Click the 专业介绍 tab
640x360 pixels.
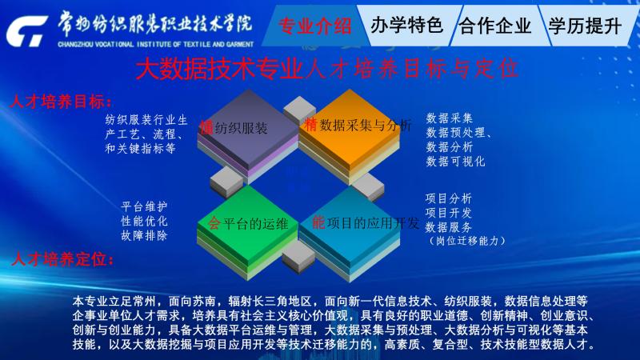pyautogui.click(x=314, y=26)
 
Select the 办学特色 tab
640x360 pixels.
pyautogui.click(x=407, y=26)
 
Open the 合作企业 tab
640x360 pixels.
pyautogui.click(x=495, y=26)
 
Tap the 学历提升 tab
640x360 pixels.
pyautogui.click(x=585, y=26)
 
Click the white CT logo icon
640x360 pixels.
pyautogui.click(x=26, y=31)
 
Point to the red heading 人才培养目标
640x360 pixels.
pyautogui.click(x=61, y=102)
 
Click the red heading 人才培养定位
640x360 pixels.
pyautogui.click(x=62, y=259)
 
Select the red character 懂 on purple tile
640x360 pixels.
pyautogui.click(x=206, y=128)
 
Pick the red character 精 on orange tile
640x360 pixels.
pyautogui.click(x=310, y=125)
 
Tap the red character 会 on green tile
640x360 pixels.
pyautogui.click(x=214, y=223)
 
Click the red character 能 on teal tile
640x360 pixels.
pyautogui.click(x=318, y=223)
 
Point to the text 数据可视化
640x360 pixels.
pyautogui.click(x=455, y=162)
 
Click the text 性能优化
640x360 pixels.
pyautogui.click(x=145, y=222)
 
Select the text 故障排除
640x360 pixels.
pyautogui.click(x=145, y=235)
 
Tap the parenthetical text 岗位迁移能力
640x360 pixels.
pyautogui.click(x=467, y=241)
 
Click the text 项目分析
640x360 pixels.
pyautogui.click(x=449, y=198)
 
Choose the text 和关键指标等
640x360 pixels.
pyautogui.click(x=141, y=148)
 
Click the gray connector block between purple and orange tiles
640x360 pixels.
pyautogui.click(x=299, y=109)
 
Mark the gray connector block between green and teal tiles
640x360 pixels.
pyautogui.click(x=298, y=256)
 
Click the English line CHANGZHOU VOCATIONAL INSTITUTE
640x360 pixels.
pyautogui.click(x=155, y=44)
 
